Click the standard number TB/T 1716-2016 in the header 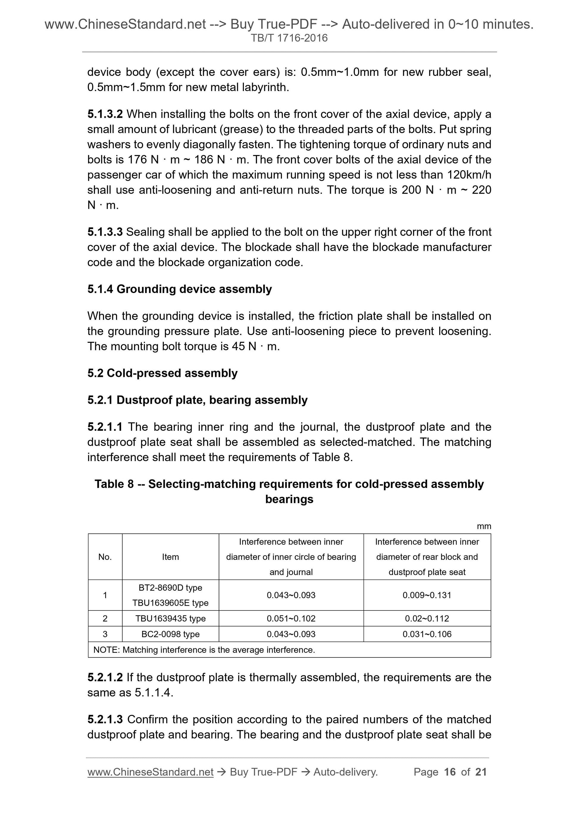(x=289, y=38)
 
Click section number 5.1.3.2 (x=105, y=114)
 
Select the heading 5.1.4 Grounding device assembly (x=179, y=289)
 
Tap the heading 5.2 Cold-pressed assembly (x=162, y=373)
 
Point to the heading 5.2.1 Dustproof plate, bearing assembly (x=197, y=400)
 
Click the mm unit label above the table (x=484, y=526)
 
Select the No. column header (x=105, y=557)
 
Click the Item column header (x=170, y=557)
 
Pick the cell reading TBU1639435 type (x=170, y=618)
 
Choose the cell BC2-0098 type (x=170, y=634)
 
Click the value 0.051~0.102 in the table (x=291, y=618)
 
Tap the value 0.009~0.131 (x=427, y=595)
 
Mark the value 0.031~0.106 (x=427, y=634)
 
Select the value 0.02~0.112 (x=427, y=618)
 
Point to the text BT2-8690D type (x=170, y=588)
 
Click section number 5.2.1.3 (x=105, y=719)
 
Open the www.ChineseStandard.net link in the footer (x=150, y=772)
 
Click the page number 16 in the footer (x=450, y=772)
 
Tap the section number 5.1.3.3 (x=105, y=232)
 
